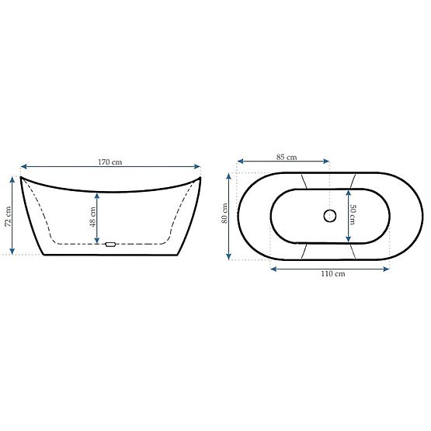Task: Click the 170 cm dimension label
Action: [110, 162]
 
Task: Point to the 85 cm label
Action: [286, 158]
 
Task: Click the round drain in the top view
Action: [328, 216]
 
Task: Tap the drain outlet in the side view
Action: [109, 245]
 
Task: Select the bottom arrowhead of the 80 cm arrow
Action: [231, 256]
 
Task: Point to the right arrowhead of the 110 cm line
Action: [388, 269]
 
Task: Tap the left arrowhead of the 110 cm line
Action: [272, 269]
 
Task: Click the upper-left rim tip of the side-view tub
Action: [21, 178]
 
